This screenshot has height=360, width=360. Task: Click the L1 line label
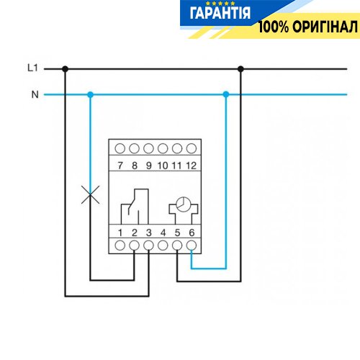pyautogui.click(x=32, y=68)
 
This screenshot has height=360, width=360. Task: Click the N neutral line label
pyautogui.click(x=35, y=94)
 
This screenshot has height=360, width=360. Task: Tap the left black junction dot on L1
pyautogui.click(x=65, y=69)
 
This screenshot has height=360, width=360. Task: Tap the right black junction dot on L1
pyautogui.click(x=240, y=69)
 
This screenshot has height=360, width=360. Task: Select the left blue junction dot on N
pyautogui.click(x=90, y=94)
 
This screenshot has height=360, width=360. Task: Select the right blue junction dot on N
pyautogui.click(x=226, y=94)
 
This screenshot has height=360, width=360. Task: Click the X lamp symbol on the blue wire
pyautogui.click(x=90, y=194)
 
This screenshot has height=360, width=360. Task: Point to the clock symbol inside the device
pyautogui.click(x=184, y=204)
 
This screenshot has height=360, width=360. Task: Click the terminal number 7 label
pyautogui.click(x=120, y=166)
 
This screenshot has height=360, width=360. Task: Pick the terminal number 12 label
pyautogui.click(x=192, y=166)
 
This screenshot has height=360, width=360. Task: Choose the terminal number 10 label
pyautogui.click(x=163, y=166)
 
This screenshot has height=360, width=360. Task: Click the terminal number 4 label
pyautogui.click(x=163, y=233)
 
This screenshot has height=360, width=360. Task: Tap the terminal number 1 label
pyautogui.click(x=120, y=233)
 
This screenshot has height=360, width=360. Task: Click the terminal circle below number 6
pyautogui.click(x=192, y=246)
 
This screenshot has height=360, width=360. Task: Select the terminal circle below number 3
pyautogui.click(x=148, y=246)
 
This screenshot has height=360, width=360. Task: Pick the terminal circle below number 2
pyautogui.click(x=134, y=246)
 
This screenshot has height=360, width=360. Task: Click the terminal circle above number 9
pyautogui.click(x=148, y=148)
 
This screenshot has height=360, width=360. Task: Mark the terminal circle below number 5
pyautogui.click(x=177, y=246)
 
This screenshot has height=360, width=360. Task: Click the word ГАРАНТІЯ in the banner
pyautogui.click(x=220, y=13)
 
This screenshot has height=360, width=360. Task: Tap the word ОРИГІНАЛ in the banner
pyautogui.click(x=325, y=27)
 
